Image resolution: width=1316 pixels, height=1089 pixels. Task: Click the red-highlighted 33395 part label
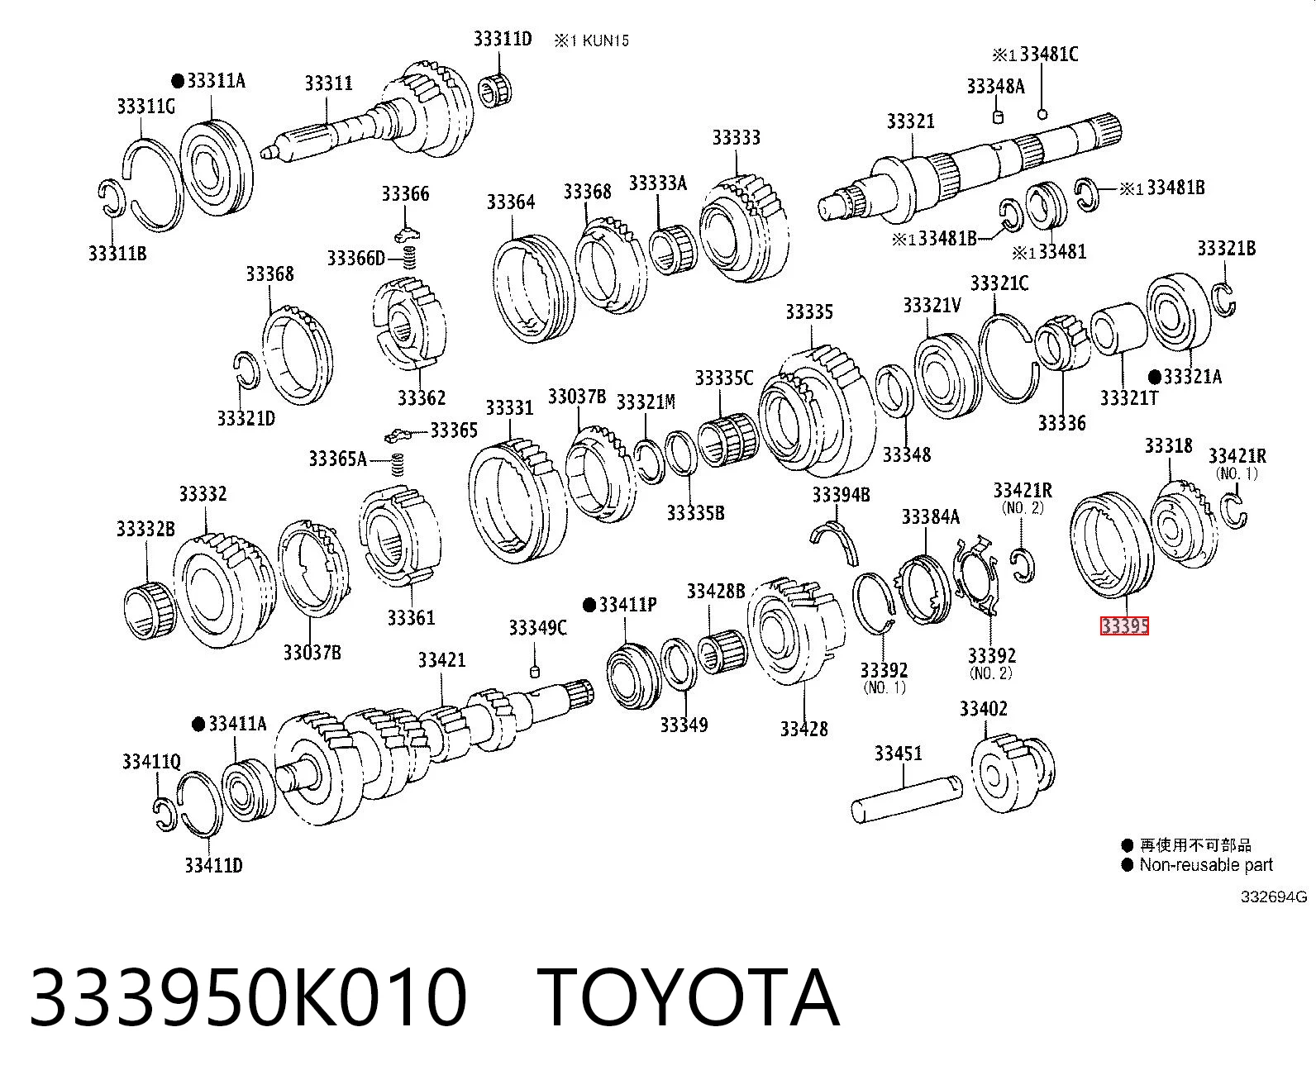point(1124,625)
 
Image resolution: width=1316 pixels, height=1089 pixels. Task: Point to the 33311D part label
point(503,39)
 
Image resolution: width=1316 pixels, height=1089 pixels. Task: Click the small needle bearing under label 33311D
point(494,90)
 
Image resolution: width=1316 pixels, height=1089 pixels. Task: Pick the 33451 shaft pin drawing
point(906,798)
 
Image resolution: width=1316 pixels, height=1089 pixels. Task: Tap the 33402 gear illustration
point(1013,773)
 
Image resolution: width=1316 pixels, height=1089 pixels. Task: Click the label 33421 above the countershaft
point(441,660)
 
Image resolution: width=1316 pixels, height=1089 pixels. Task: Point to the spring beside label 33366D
point(410,257)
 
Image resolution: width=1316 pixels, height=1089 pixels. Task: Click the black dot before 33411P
point(590,605)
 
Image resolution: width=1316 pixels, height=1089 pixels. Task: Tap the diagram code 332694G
point(1274,896)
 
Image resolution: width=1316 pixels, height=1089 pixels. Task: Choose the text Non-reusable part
point(1206,864)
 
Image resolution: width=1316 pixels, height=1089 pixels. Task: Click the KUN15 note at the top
point(605,41)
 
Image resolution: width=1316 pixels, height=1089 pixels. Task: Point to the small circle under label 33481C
point(1042,114)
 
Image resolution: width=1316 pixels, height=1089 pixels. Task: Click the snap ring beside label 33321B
point(1224,300)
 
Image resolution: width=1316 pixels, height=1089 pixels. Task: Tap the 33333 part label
point(737,137)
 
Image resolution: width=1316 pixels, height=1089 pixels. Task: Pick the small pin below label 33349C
point(535,671)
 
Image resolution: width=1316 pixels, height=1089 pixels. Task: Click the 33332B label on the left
point(145,529)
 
